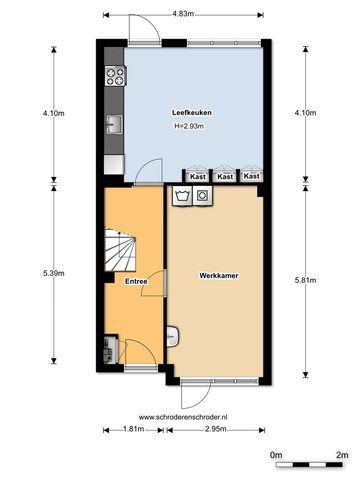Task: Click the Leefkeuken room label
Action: pyautogui.click(x=192, y=113)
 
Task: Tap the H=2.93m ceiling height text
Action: pyautogui.click(x=189, y=126)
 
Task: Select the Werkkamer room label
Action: pyautogui.click(x=219, y=276)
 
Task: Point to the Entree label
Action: pyautogui.click(x=136, y=281)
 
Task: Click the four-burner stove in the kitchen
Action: pyautogui.click(x=115, y=76)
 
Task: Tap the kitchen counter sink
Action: pyautogui.click(x=114, y=124)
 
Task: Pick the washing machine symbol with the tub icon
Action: pyautogui.click(x=182, y=196)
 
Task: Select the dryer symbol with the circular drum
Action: pyautogui.click(x=202, y=196)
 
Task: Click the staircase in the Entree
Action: pyautogui.click(x=120, y=250)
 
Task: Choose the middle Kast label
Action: pyautogui.click(x=225, y=176)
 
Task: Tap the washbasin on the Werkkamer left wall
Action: pyautogui.click(x=172, y=336)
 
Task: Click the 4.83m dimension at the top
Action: pyautogui.click(x=183, y=14)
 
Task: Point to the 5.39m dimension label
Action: pyautogui.click(x=54, y=273)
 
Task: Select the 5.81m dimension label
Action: pyautogui.click(x=305, y=280)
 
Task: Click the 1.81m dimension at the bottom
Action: pyautogui.click(x=133, y=429)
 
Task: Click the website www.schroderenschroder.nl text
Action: pyautogui.click(x=183, y=417)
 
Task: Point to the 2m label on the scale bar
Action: pyautogui.click(x=342, y=455)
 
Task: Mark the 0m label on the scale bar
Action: pyautogui.click(x=276, y=455)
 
